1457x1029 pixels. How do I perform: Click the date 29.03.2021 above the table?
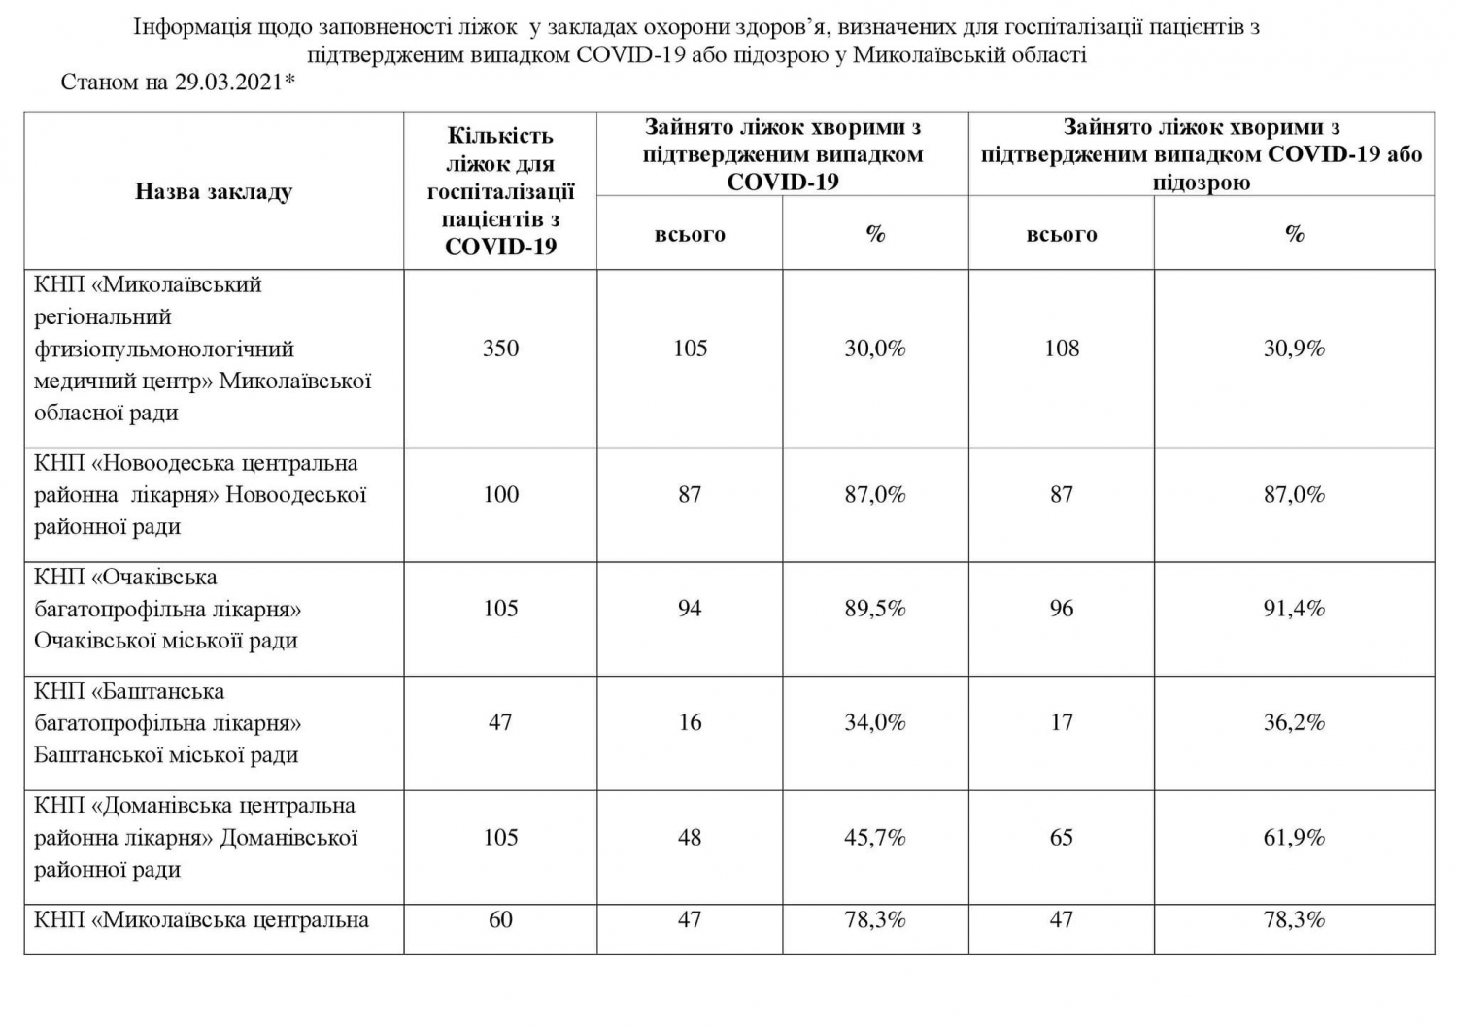tap(229, 82)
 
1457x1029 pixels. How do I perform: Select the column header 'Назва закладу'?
tap(213, 191)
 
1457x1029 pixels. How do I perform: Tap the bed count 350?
tap(500, 349)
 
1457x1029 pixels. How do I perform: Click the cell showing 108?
tap(1061, 349)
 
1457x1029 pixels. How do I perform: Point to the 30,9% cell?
tap(1294, 349)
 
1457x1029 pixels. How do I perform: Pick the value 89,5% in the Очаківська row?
tap(874, 609)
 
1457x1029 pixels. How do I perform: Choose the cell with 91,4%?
tap(1294, 609)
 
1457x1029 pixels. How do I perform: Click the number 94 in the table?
tap(690, 609)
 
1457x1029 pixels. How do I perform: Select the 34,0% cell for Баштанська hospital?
tap(874, 722)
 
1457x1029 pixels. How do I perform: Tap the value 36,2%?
tap(1294, 722)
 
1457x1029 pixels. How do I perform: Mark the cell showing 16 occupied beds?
tap(690, 722)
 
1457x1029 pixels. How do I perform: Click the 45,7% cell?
tap(874, 837)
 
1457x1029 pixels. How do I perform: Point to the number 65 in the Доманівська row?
tap(1061, 837)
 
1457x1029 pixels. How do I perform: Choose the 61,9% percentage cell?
tap(1294, 837)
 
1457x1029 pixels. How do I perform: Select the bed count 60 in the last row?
tap(500, 919)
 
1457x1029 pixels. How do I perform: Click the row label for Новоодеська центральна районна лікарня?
tap(199, 495)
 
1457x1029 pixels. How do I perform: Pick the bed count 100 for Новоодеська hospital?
tap(500, 495)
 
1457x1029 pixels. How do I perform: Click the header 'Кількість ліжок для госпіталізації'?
tap(500, 191)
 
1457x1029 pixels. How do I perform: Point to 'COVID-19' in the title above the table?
tap(632, 54)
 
